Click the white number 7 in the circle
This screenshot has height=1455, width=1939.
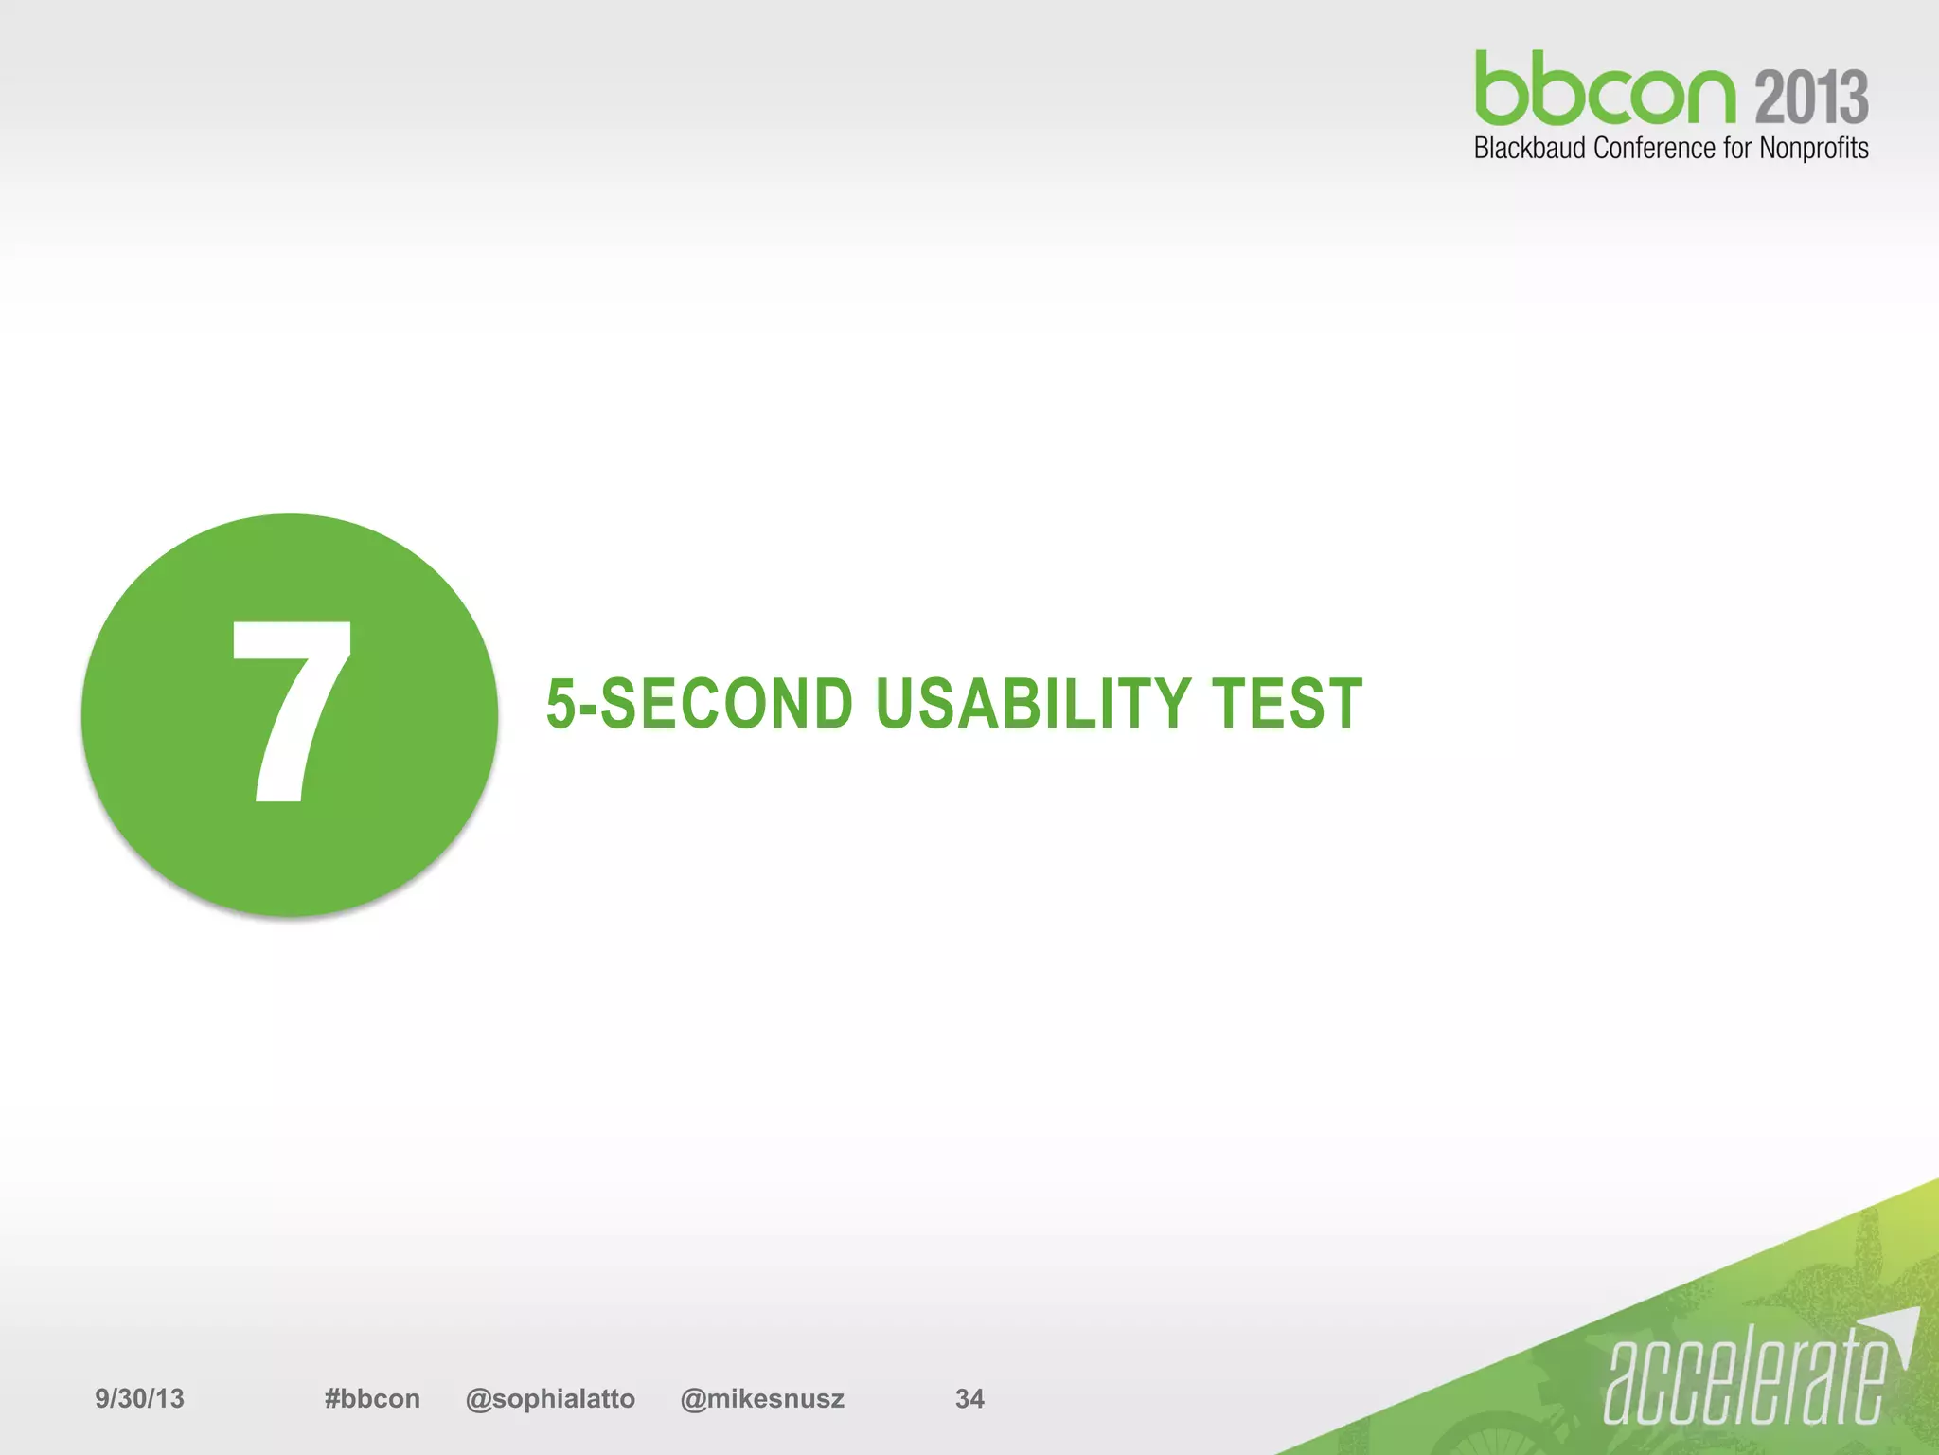tap(292, 710)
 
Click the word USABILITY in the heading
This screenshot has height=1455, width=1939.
tap(1033, 704)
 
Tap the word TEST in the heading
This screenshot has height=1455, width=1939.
tap(1287, 704)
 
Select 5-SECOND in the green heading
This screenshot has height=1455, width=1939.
tap(700, 704)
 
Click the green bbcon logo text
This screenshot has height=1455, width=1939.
tap(1606, 90)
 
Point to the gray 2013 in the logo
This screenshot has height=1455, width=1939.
tap(1811, 97)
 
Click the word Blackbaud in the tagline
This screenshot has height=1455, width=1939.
tap(1529, 149)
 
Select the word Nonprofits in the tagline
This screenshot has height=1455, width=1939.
tap(1813, 149)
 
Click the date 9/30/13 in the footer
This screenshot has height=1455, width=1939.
tap(139, 1399)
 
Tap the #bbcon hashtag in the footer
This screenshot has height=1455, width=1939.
tap(372, 1399)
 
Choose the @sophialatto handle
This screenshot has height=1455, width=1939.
tap(550, 1399)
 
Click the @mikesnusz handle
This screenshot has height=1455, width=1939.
tap(762, 1399)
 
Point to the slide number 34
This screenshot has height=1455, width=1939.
tap(969, 1399)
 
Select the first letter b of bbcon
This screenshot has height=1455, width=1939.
tap(1500, 90)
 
